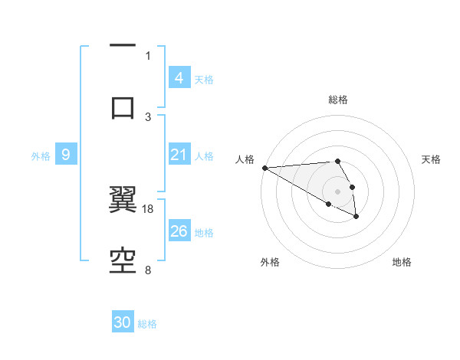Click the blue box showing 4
[x=179, y=77]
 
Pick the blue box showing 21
[x=179, y=155]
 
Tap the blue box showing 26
[x=179, y=231]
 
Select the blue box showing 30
[x=123, y=322]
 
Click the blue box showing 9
[x=66, y=155]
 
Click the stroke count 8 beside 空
[x=148, y=270]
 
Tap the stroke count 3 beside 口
[x=148, y=116]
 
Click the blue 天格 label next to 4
[x=204, y=79]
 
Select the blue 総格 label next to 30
[x=147, y=324]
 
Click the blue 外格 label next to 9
[x=41, y=156]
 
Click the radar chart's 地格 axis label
[x=402, y=262]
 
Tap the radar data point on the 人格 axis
[x=264, y=168]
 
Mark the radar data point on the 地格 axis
[x=356, y=217]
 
